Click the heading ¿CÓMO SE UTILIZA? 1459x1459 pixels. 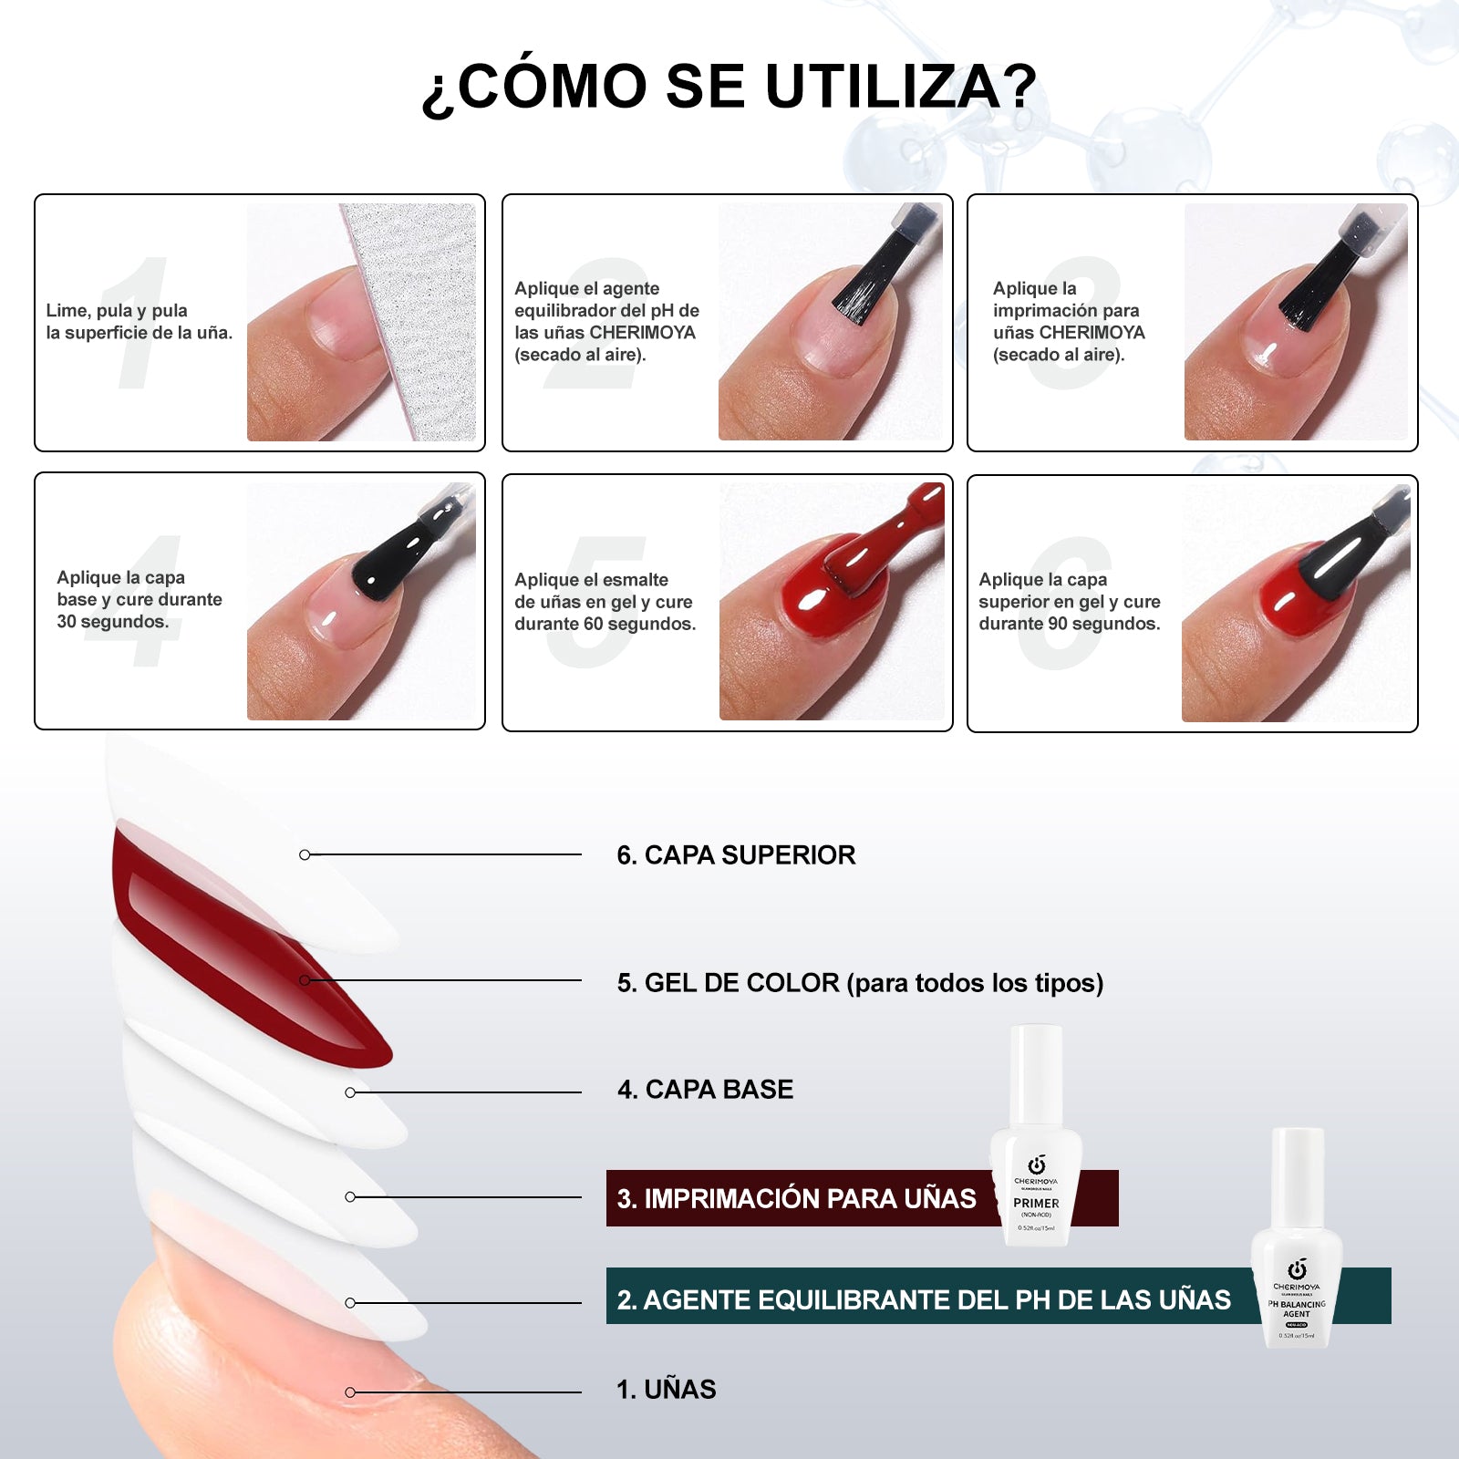[x=729, y=88]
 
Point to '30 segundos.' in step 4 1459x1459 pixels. [x=113, y=622]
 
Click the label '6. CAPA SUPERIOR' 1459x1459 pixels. [x=736, y=855]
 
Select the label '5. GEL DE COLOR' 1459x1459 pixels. [x=728, y=983]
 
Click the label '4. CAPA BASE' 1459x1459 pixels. [x=705, y=1090]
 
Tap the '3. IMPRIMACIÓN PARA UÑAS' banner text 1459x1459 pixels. [x=796, y=1198]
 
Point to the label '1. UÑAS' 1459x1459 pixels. [x=667, y=1390]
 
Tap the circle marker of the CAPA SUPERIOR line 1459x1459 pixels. [x=305, y=854]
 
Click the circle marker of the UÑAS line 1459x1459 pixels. [x=350, y=1392]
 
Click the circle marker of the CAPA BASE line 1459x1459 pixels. [x=350, y=1092]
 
